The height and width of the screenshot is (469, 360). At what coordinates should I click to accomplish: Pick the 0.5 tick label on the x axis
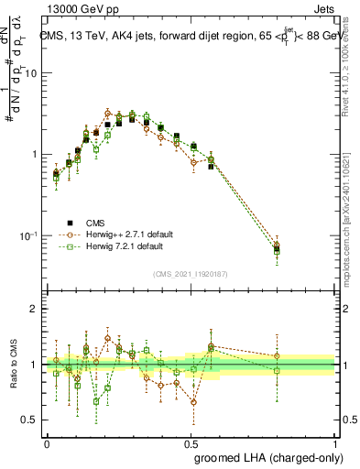(191, 442)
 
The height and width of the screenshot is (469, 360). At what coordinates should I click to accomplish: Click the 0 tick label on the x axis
(47, 442)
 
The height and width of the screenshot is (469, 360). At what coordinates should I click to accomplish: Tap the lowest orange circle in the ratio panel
(193, 401)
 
